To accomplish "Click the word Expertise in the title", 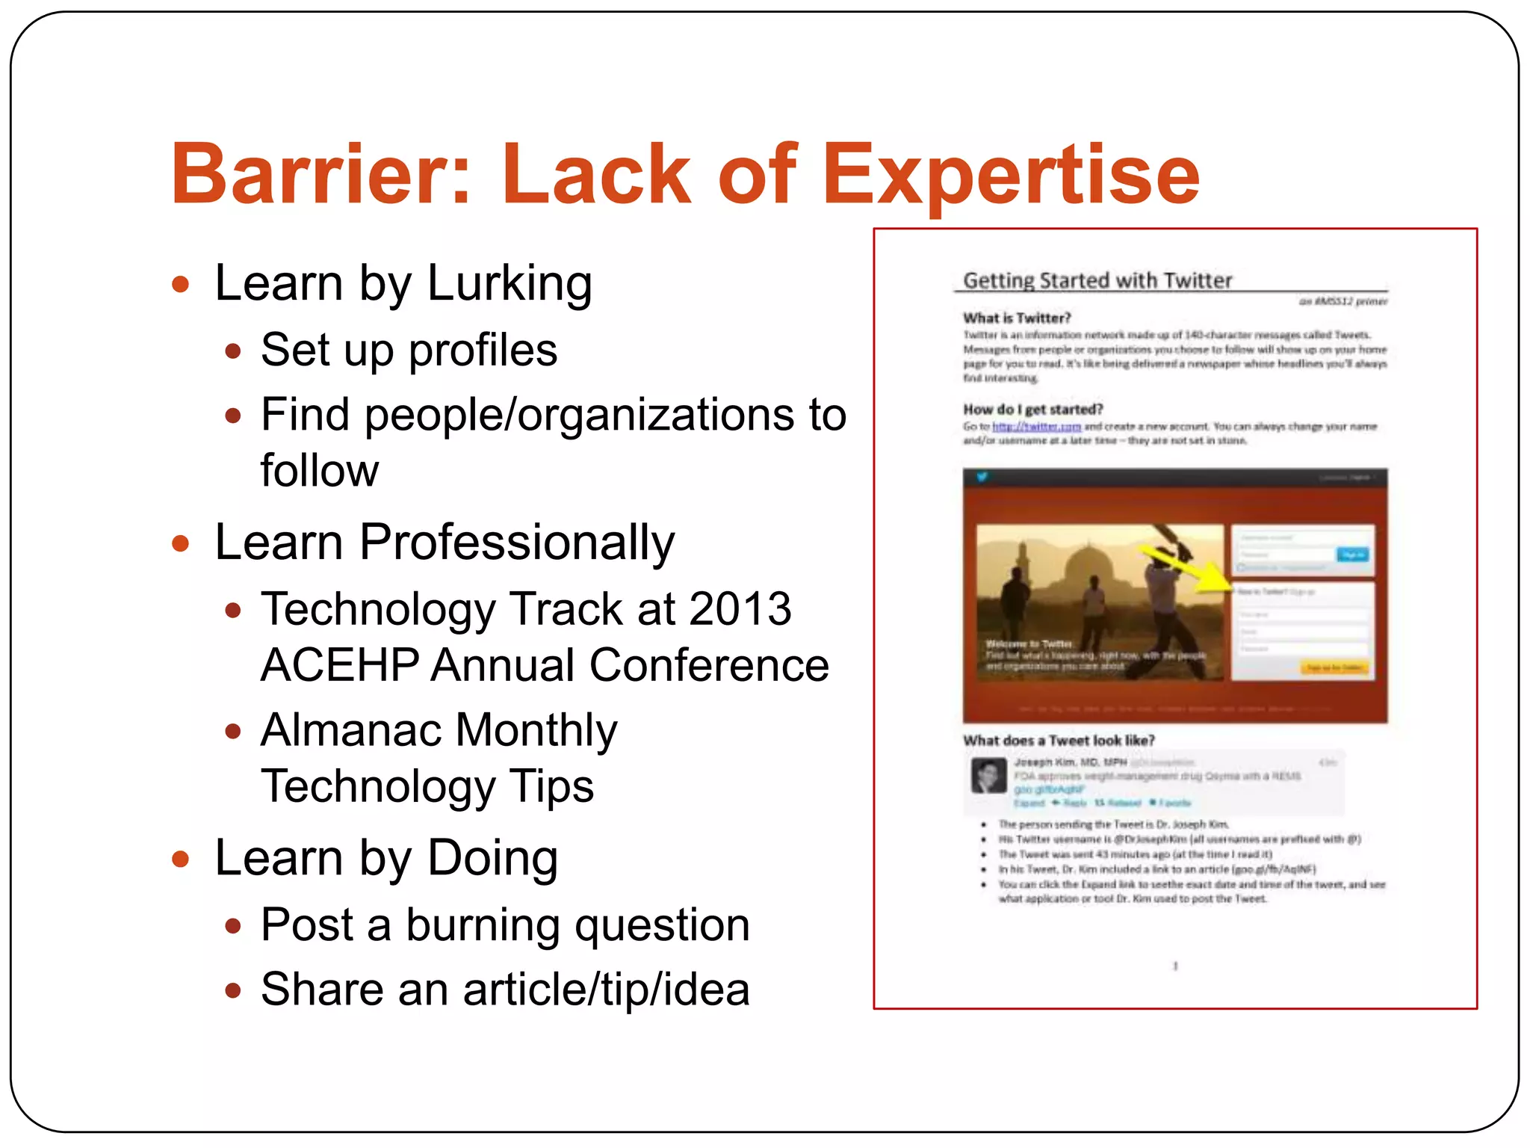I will (x=1010, y=176).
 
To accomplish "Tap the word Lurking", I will (x=510, y=284).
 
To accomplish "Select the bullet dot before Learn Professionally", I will (x=180, y=543).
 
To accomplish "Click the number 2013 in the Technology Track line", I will (x=740, y=609).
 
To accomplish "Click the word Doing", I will (x=492, y=858).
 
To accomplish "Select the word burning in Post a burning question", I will (x=483, y=925).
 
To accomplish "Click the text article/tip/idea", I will (x=606, y=990).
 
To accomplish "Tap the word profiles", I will (x=483, y=350).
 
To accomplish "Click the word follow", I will (x=319, y=471).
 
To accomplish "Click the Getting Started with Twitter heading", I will (x=1097, y=281).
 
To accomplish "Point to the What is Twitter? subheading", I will (x=1017, y=318).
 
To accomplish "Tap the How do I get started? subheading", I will (x=1032, y=410).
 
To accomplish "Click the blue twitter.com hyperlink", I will (x=1035, y=427).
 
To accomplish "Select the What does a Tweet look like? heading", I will (x=1059, y=741).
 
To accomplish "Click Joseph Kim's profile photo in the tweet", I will (x=988, y=776).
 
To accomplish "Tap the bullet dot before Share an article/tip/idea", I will (x=233, y=991).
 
